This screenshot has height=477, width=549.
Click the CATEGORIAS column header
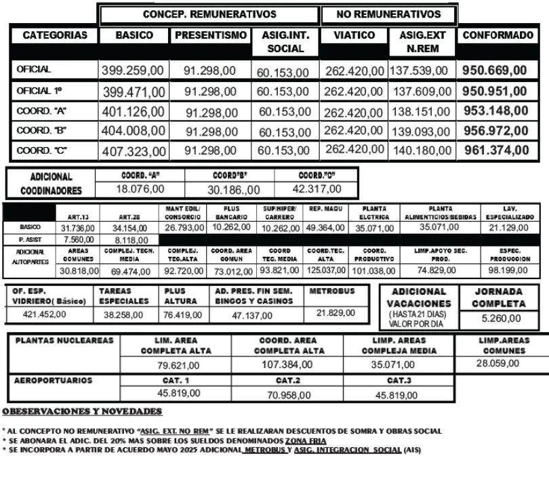point(55,36)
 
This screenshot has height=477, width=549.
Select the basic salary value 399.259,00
point(133,70)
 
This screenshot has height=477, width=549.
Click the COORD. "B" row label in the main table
point(37,130)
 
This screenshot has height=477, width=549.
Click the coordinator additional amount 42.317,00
point(317,189)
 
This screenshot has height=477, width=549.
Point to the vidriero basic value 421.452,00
point(45,314)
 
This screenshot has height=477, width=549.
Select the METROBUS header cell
point(331,291)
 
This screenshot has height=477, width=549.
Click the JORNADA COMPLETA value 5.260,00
point(501,318)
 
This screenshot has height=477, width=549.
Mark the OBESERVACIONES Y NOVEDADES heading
point(82,411)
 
